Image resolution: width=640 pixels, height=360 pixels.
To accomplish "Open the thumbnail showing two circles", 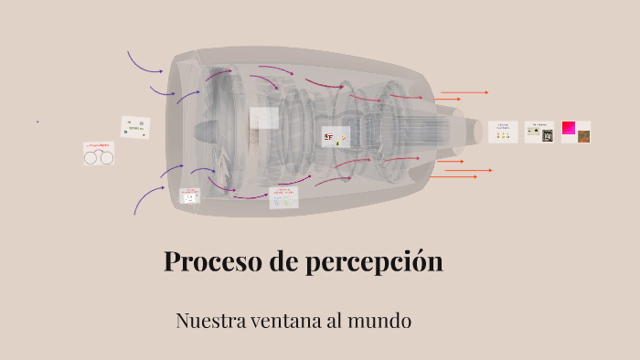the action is [99, 154].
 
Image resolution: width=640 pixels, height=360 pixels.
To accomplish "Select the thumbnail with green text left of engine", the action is [135, 126].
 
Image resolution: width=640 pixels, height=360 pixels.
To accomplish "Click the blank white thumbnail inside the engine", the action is [264, 118].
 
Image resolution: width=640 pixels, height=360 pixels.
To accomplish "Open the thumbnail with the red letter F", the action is [335, 137].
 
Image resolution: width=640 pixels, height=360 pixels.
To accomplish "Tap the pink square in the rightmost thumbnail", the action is [569, 128].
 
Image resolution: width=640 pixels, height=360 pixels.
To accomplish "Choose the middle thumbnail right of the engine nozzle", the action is [539, 132].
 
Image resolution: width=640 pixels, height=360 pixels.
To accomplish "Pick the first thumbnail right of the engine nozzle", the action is [503, 132].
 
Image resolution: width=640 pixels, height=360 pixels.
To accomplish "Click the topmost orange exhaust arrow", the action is [464, 92].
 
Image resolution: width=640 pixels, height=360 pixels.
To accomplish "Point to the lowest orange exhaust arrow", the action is [469, 171].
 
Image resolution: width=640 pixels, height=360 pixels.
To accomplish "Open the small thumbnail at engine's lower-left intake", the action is [191, 195].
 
